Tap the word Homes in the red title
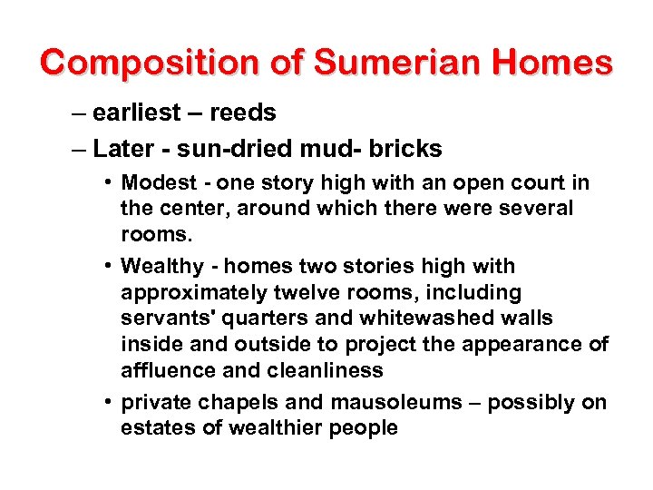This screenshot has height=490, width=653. tap(555, 63)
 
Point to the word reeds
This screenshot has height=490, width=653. tap(242, 113)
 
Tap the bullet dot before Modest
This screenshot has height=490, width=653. tap(108, 183)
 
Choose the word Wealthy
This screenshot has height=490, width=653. tap(161, 267)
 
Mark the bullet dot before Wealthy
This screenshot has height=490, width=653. tap(108, 267)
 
